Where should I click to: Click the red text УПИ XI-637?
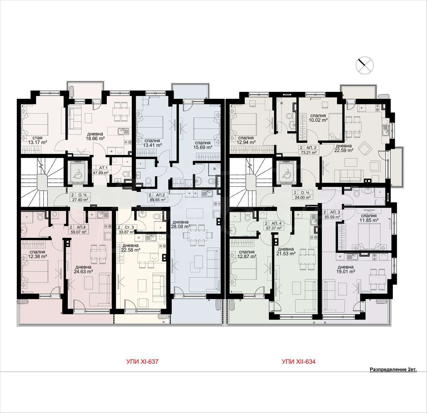142,362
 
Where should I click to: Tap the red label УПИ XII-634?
299,362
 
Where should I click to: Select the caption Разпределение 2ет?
393,370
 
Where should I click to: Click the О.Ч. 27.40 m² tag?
80,197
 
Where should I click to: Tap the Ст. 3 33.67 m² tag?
126,229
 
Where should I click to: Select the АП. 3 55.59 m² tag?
332,214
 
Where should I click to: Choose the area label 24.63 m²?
83,272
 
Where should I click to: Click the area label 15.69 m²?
203,147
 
